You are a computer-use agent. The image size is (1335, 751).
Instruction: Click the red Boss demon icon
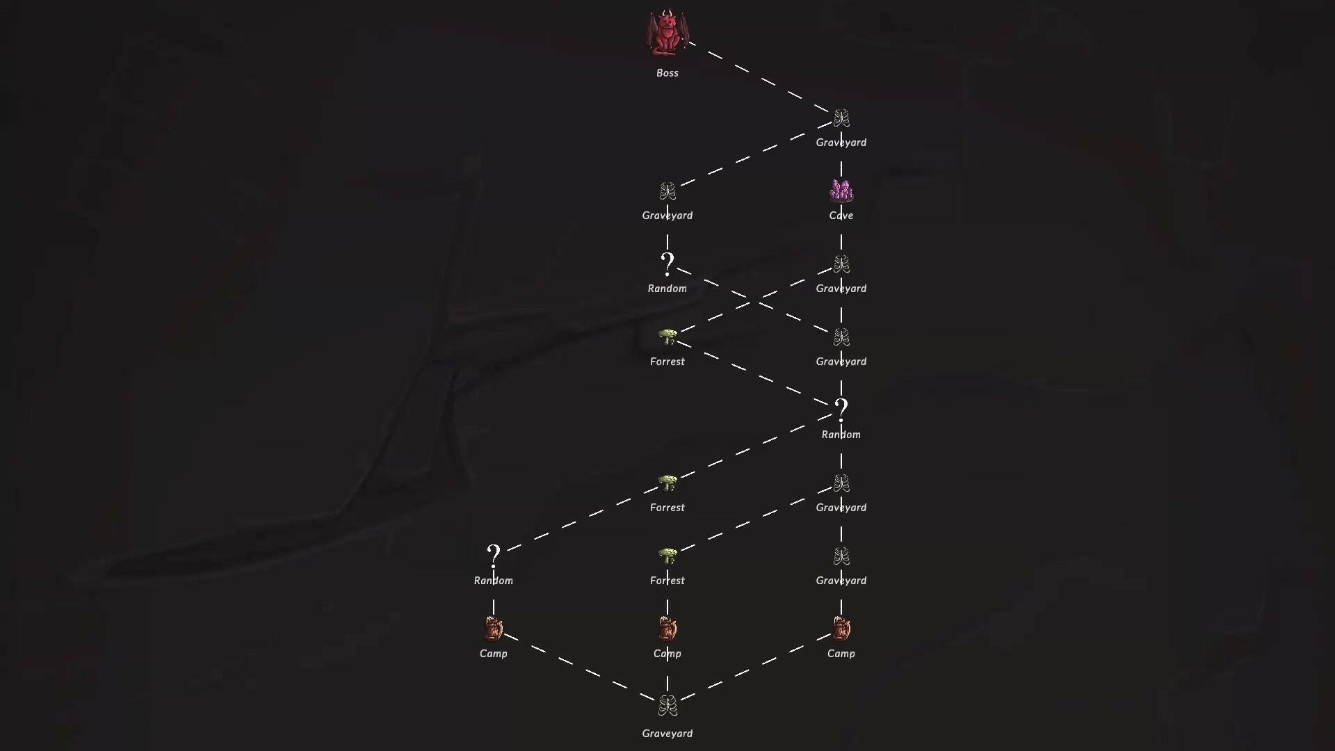667,33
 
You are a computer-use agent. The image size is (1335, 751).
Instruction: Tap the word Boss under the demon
667,73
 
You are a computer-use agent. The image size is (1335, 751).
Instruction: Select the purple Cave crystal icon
841,191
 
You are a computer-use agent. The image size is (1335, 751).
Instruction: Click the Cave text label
841,216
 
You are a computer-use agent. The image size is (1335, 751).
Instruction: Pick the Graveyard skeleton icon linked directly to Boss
841,118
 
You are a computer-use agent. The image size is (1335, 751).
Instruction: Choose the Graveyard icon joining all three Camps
667,706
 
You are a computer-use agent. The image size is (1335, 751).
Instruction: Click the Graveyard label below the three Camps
667,734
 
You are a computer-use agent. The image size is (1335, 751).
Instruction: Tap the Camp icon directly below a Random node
494,629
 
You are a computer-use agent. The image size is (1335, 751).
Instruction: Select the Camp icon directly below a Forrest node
667,629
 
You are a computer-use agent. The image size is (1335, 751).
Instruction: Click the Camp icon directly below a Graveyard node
841,629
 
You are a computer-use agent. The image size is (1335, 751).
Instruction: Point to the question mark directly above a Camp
494,555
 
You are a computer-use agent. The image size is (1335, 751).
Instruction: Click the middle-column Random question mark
667,263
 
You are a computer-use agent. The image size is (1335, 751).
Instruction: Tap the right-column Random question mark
841,409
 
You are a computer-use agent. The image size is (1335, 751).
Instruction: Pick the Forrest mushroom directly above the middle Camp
667,556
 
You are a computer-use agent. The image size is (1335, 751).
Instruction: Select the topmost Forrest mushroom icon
667,337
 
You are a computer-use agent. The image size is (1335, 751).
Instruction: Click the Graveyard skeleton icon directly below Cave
841,264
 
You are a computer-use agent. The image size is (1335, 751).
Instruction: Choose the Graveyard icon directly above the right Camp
841,556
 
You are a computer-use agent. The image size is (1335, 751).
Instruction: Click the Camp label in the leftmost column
494,654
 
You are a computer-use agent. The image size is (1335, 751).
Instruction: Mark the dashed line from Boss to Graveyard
759,77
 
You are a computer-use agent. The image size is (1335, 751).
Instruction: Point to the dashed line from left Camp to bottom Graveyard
580,667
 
